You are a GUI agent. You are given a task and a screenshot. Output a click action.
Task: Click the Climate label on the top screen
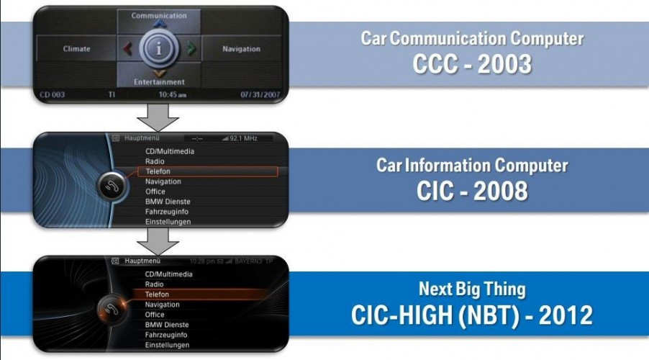point(76,49)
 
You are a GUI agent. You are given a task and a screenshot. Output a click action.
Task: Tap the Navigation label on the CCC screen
point(241,49)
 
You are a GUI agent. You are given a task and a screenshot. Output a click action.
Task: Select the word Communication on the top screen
point(159,15)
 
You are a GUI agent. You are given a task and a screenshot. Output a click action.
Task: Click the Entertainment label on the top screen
point(159,82)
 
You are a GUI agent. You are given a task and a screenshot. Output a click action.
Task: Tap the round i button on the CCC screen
point(159,49)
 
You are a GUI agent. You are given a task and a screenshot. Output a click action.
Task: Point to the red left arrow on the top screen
point(127,49)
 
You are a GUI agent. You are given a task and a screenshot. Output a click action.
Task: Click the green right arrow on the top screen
point(191,49)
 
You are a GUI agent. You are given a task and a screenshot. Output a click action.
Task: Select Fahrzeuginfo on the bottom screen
point(166,335)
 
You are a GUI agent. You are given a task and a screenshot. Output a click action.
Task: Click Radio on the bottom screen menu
point(155,284)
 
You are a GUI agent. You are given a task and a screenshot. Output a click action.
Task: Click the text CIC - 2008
point(472,191)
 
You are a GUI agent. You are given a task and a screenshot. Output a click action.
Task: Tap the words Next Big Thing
point(472,290)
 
